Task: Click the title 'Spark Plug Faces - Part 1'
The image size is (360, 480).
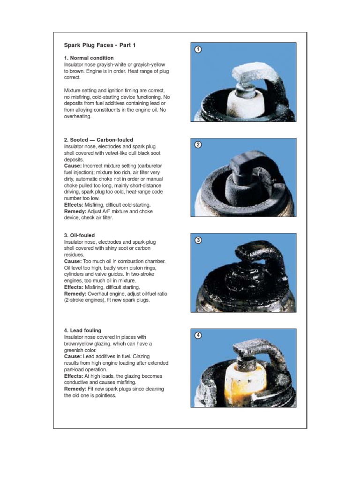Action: pyautogui.click(x=100, y=45)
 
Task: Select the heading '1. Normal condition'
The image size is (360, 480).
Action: pyautogui.click(x=89, y=58)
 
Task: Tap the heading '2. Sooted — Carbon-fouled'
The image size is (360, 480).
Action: pyautogui.click(x=98, y=140)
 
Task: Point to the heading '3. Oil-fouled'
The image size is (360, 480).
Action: pyautogui.click(x=79, y=235)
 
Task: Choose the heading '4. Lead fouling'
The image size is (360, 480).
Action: pyautogui.click(x=82, y=330)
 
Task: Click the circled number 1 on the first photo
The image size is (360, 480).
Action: pyautogui.click(x=198, y=49)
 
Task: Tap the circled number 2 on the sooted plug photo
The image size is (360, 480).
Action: pyautogui.click(x=198, y=145)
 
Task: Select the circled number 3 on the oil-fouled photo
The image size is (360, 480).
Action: pyautogui.click(x=198, y=240)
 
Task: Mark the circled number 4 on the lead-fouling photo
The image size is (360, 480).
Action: pyautogui.click(x=198, y=336)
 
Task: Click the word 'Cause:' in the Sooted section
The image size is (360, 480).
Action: pyautogui.click(x=73, y=166)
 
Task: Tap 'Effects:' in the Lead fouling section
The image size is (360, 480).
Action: pyautogui.click(x=74, y=376)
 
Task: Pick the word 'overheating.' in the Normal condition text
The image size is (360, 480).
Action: pyautogui.click(x=78, y=117)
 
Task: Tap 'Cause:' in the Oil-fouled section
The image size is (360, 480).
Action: pyautogui.click(x=73, y=262)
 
